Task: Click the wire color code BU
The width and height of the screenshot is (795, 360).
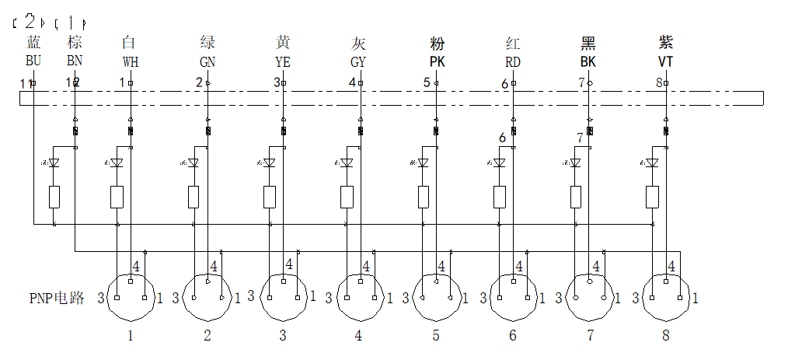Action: click(x=33, y=60)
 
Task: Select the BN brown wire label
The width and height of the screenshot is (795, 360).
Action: click(x=75, y=60)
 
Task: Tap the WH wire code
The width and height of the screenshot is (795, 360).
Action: click(x=130, y=61)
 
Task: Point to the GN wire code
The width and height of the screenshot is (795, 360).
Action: click(x=207, y=61)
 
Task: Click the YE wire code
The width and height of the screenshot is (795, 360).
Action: click(x=283, y=61)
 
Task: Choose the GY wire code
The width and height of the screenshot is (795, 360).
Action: click(x=358, y=61)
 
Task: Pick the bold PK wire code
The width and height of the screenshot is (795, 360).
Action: click(x=436, y=61)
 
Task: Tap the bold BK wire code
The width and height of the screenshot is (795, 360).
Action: click(x=589, y=61)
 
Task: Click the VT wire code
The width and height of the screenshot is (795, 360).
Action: click(x=666, y=61)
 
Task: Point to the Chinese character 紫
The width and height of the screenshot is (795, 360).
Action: click(x=666, y=42)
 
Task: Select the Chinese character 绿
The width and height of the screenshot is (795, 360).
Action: click(x=207, y=42)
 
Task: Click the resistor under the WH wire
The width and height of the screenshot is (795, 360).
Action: click(x=117, y=197)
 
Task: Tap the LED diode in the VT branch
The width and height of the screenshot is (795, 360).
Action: click(x=653, y=163)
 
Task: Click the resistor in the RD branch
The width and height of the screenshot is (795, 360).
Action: click(x=499, y=197)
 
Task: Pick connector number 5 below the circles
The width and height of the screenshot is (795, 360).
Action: click(x=435, y=336)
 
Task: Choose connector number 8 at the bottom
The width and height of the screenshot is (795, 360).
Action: click(x=664, y=336)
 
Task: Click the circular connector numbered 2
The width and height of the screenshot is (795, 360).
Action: click(x=207, y=297)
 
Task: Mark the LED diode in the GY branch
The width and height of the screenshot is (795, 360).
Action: click(x=347, y=163)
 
